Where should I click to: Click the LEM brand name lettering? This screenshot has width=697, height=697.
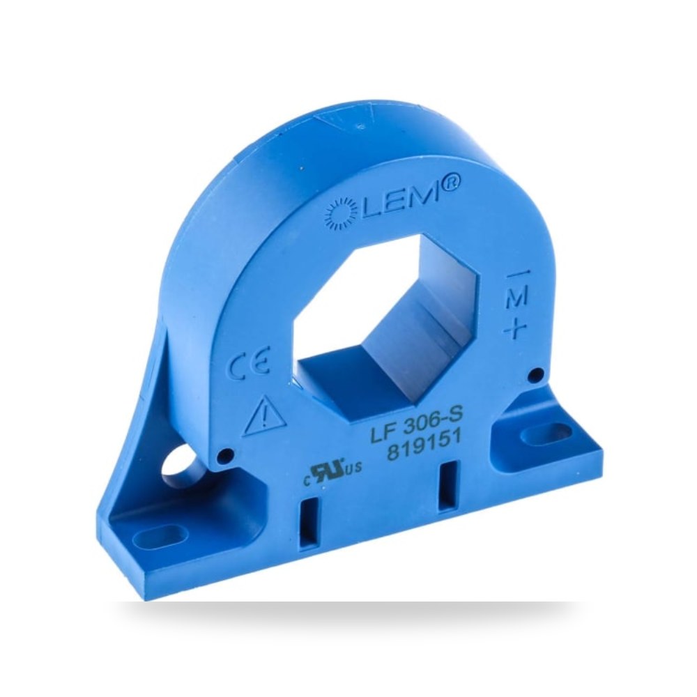pyautogui.click(x=398, y=201)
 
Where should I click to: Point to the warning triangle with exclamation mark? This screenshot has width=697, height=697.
pyautogui.click(x=264, y=415)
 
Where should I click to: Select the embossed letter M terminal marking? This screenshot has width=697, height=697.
pyautogui.click(x=517, y=296)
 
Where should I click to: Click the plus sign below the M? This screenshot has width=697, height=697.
pyautogui.click(x=516, y=328)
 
